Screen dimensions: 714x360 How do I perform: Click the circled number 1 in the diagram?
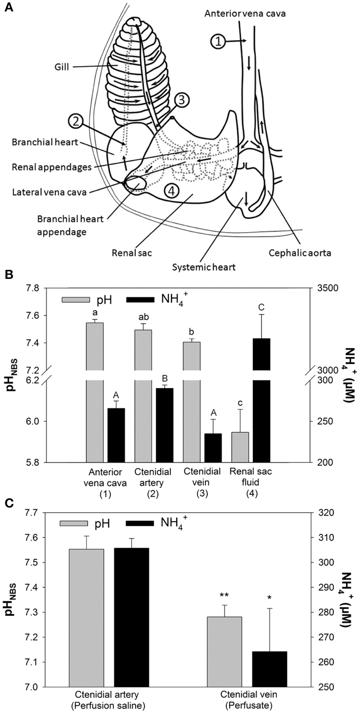218,41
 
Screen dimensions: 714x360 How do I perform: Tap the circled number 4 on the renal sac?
172,192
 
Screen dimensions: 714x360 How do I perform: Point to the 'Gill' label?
61,67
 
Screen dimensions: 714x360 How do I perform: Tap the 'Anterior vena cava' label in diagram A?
245,14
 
